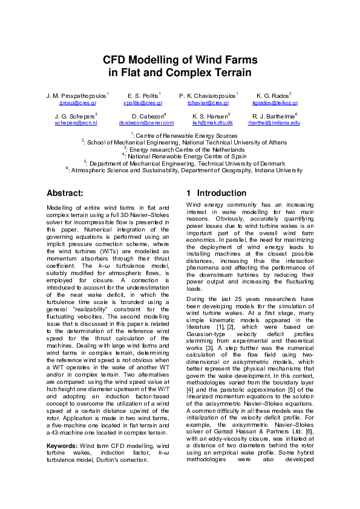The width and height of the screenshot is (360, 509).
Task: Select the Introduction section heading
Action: (209, 193)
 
